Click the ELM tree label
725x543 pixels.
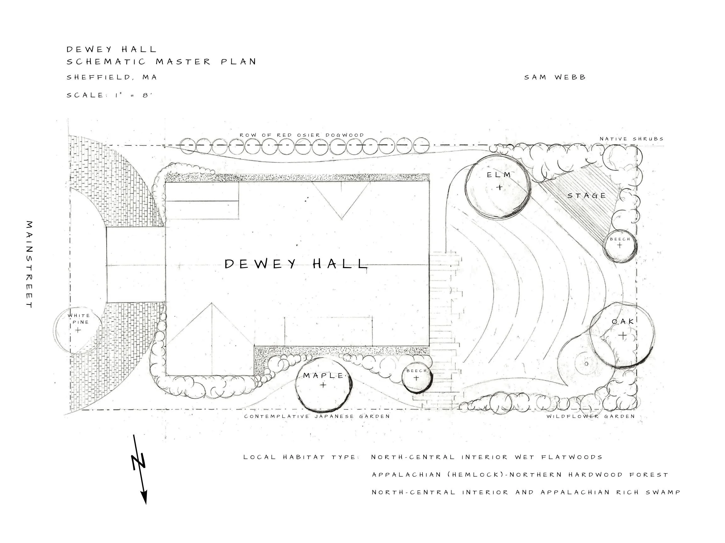[498, 175]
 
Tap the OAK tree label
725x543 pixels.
[623, 321]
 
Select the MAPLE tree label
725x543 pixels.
[323, 376]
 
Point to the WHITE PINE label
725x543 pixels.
[79, 319]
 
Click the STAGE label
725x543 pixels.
[587, 196]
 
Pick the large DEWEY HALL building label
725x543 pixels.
[296, 264]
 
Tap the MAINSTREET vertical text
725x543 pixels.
[30, 265]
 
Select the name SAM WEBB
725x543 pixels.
[555, 77]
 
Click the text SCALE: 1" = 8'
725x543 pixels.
[110, 95]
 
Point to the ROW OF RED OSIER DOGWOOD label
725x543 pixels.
[302, 135]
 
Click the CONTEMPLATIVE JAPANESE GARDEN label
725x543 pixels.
[317, 416]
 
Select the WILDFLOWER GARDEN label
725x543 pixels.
[591, 416]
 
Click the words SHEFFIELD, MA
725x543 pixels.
[112, 77]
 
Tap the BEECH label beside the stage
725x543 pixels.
[620, 239]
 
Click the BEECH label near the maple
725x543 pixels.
[417, 370]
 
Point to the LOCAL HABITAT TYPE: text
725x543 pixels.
[301, 457]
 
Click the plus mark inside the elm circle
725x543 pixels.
[499, 188]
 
